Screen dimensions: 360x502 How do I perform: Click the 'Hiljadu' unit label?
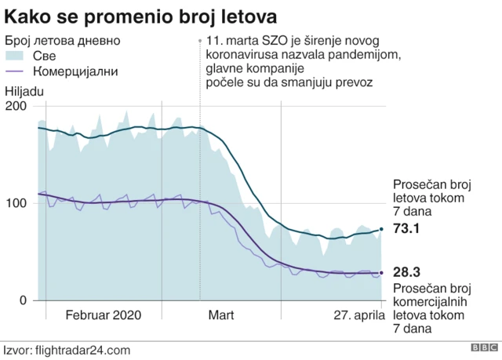pyautogui.click(x=25, y=91)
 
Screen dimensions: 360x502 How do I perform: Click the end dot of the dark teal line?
pyautogui.click(x=382, y=229)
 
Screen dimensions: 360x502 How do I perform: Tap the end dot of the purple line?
pyautogui.click(x=382, y=273)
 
